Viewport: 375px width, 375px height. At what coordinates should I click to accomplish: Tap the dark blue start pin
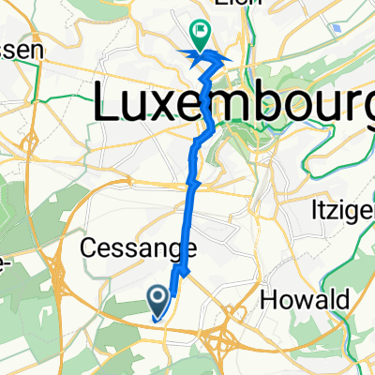158,300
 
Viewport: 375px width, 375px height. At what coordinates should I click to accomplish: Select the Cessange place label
139,249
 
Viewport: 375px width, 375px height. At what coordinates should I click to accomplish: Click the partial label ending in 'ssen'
21,52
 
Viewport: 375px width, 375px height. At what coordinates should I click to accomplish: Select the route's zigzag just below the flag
208,62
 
